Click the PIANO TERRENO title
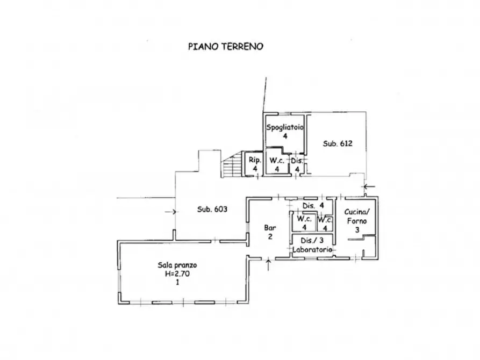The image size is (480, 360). click(x=226, y=47)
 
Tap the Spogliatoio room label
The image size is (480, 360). click(x=285, y=127)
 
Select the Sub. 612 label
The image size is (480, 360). click(x=338, y=143)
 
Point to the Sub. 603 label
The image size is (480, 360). click(x=212, y=209)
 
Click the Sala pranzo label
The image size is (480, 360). click(x=177, y=265)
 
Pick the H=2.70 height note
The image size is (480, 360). click(x=177, y=273)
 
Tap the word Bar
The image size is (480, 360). click(x=270, y=228)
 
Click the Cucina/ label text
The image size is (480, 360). click(x=357, y=212)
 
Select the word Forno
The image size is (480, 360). click(x=357, y=221)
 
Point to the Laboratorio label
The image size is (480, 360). click(x=312, y=249)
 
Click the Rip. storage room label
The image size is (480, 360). click(x=255, y=160)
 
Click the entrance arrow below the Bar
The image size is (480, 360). click(x=268, y=265)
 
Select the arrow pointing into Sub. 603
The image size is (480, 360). click(x=170, y=212)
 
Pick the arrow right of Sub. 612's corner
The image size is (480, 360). click(x=369, y=186)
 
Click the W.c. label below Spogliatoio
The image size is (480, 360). click(x=277, y=161)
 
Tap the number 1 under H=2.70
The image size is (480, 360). click(x=177, y=282)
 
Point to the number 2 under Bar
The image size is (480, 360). click(x=270, y=236)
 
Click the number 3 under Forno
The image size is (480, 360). click(x=357, y=229)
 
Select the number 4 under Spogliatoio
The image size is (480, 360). click(x=285, y=136)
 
